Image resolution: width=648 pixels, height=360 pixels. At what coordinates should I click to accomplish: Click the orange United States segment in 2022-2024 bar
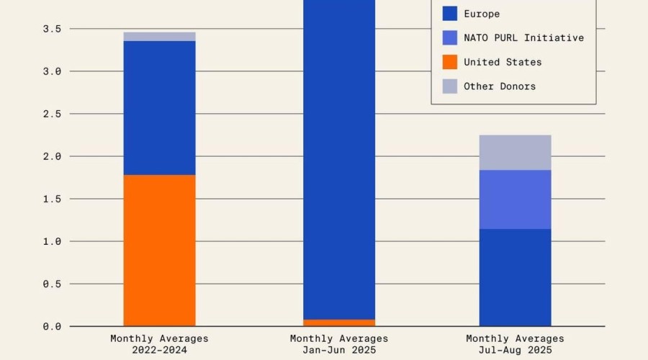(159, 251)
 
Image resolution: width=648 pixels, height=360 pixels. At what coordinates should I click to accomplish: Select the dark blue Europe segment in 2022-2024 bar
(159, 108)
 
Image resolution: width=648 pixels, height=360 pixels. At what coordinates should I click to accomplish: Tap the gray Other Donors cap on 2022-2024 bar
(159, 37)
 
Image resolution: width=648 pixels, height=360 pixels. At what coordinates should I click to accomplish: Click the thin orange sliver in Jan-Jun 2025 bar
(339, 323)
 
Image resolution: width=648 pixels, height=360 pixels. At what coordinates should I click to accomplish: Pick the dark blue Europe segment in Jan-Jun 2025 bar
(339, 158)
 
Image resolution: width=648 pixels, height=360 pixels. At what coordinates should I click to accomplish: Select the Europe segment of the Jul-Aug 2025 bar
(515, 277)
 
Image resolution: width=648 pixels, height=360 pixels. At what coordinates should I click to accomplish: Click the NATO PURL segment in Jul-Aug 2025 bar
(515, 199)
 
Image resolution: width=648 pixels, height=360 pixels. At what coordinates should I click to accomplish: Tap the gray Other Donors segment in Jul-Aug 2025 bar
(515, 153)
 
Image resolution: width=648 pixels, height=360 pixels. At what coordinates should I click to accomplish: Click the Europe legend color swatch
(449, 14)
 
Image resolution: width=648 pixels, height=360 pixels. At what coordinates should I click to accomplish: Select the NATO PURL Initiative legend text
(523, 37)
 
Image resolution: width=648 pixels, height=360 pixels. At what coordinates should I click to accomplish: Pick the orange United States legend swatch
(449, 62)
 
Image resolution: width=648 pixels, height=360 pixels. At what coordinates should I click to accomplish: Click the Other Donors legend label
(500, 86)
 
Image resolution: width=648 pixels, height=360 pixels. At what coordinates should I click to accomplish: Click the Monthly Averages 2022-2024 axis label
(159, 344)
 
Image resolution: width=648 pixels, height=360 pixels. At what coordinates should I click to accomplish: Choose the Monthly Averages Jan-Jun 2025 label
(339, 344)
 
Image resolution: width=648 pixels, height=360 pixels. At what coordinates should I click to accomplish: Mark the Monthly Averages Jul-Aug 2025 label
(515, 344)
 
